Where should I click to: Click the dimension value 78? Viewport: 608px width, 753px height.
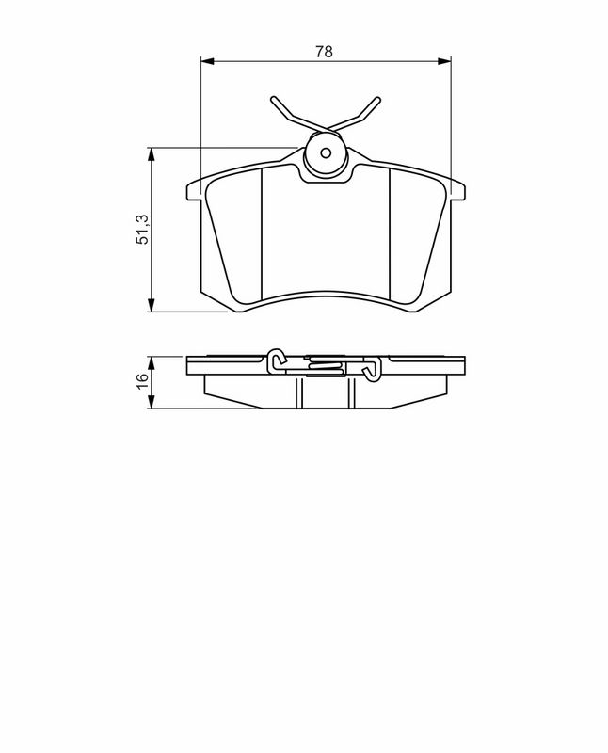324,52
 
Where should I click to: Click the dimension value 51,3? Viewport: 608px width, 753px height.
143,230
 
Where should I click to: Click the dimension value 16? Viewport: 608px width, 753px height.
143,382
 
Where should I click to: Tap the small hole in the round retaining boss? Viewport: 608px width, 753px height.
326,153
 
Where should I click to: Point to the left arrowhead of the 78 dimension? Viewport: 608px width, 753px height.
207,61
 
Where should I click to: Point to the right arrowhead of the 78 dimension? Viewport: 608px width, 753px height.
445,61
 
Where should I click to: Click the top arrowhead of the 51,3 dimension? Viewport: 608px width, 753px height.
152,154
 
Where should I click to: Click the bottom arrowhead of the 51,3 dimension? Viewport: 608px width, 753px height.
152,305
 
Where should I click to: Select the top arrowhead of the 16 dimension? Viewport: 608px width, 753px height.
152,363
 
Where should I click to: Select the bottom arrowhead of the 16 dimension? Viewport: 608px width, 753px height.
152,402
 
